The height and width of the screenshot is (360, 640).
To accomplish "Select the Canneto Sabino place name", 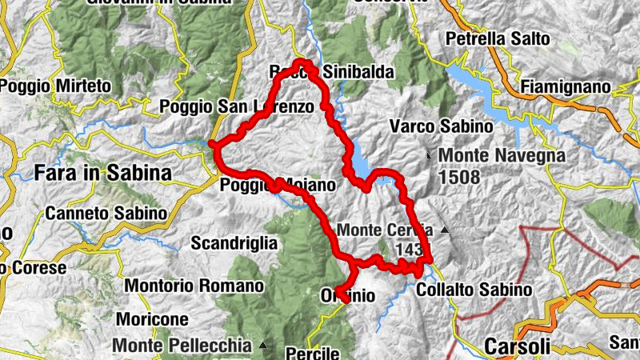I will click(106, 214).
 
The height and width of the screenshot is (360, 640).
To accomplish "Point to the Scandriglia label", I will click(234, 242).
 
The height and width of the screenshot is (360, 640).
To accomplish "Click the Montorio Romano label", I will click(194, 286).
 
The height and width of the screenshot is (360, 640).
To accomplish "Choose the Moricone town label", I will click(152, 318).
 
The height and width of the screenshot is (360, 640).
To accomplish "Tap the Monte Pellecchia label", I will click(183, 346).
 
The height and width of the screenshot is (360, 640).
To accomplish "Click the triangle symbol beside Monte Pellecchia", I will click(263, 346).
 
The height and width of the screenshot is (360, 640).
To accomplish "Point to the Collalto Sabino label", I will click(474, 289).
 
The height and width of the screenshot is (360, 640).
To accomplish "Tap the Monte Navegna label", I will click(502, 156).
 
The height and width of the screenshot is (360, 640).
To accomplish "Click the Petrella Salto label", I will click(498, 38).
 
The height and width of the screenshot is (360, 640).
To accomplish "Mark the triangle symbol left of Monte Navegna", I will click(430, 154).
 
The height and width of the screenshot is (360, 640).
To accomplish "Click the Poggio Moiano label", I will click(278, 186).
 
